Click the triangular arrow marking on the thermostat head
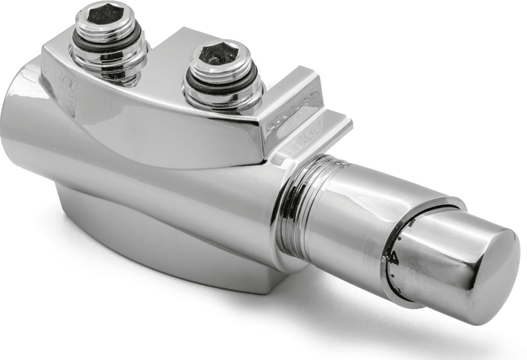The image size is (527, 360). (x=395, y=255)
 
